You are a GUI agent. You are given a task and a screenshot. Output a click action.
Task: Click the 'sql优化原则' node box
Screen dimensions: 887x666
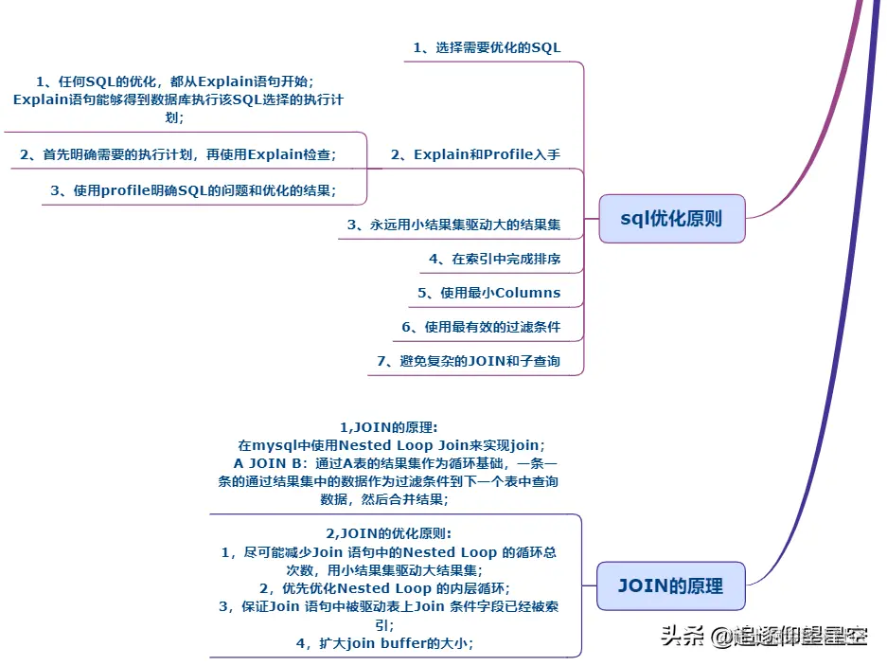pos(671,219)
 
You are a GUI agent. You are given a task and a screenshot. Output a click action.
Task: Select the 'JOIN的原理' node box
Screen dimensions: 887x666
pos(670,585)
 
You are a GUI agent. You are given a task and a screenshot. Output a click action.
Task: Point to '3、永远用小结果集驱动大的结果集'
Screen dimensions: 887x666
pos(453,225)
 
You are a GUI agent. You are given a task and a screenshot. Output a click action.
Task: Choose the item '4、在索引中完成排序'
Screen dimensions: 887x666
pos(494,259)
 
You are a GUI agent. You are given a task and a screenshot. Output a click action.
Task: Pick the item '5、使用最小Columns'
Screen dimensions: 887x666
pos(488,293)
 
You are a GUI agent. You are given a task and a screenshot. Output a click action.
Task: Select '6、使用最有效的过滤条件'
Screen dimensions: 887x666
pos(481,327)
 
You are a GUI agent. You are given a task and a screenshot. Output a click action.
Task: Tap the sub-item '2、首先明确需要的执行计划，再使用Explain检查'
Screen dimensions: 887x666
pos(178,154)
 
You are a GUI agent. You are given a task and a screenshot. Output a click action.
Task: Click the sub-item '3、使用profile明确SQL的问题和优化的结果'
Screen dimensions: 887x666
pos(193,190)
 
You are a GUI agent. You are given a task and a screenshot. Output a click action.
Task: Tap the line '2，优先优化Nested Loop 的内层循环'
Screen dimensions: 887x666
pos(384,587)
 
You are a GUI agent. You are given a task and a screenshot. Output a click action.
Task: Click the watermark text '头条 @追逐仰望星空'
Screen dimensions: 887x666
pos(763,636)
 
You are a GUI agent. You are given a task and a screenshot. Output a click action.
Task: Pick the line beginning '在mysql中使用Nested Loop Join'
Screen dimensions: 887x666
pos(391,445)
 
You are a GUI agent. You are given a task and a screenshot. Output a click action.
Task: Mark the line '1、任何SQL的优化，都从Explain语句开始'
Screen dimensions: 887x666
pos(174,82)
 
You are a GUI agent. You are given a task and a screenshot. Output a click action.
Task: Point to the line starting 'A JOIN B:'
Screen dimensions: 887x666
pos(396,463)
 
